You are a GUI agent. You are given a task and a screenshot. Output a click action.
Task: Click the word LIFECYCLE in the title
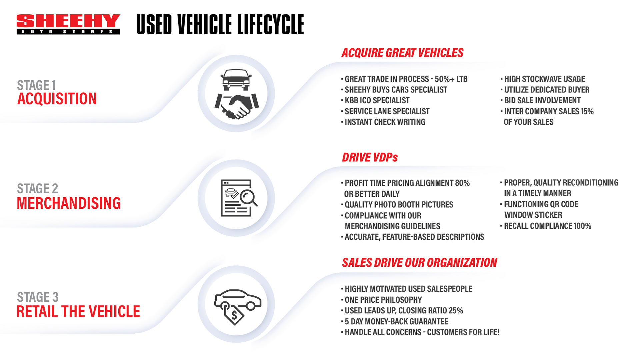(x=270, y=25)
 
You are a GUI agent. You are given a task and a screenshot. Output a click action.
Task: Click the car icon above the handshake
(x=236, y=79)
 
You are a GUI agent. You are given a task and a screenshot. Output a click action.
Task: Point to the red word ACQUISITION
(x=57, y=99)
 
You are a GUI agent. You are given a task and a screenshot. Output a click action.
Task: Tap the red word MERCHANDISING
(x=69, y=203)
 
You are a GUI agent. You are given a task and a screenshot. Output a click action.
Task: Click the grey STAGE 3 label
(x=38, y=297)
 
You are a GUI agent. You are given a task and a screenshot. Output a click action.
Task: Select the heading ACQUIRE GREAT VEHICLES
(x=402, y=53)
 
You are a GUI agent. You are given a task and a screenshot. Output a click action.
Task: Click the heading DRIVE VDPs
(x=370, y=157)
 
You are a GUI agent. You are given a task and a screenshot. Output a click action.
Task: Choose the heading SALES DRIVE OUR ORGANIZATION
(x=419, y=263)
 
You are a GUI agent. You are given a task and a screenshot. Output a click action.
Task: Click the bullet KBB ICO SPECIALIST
(x=377, y=100)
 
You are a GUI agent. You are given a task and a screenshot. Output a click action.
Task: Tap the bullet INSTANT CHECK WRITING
(x=385, y=122)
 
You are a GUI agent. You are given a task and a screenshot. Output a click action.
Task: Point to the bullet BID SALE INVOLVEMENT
(x=542, y=100)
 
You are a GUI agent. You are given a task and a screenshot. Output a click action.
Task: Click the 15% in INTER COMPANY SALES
(x=587, y=111)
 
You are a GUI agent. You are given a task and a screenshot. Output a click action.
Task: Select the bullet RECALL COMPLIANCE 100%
(x=547, y=226)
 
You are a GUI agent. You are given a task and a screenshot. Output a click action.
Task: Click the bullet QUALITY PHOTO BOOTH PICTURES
(x=399, y=205)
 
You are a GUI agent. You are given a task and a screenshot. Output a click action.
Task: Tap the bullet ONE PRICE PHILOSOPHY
(x=383, y=300)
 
